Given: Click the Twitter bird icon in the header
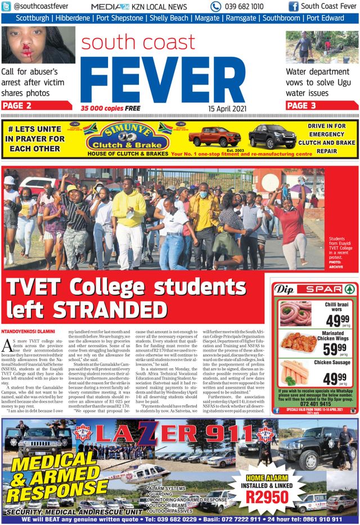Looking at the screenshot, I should (6, 7).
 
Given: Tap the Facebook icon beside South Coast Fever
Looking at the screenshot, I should (293, 7).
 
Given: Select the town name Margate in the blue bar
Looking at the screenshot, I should (208, 18).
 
